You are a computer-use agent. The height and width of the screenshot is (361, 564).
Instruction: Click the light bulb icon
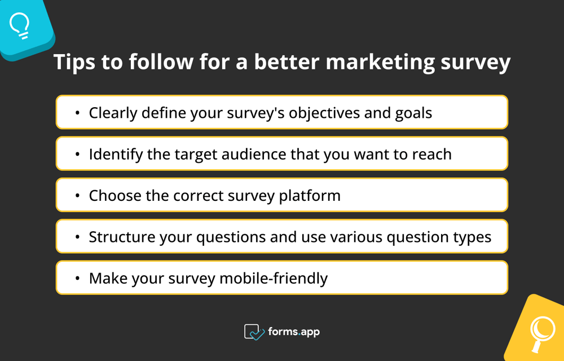coord(20,25)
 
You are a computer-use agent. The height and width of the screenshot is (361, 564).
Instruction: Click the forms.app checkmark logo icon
coord(254,332)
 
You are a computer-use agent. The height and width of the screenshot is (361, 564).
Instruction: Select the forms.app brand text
coord(294,332)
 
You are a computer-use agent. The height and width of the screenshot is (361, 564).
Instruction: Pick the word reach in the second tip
coord(431,154)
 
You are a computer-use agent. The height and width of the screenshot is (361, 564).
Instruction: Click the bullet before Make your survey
coord(77,279)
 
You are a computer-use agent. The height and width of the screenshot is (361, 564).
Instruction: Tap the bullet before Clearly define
coord(77,113)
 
